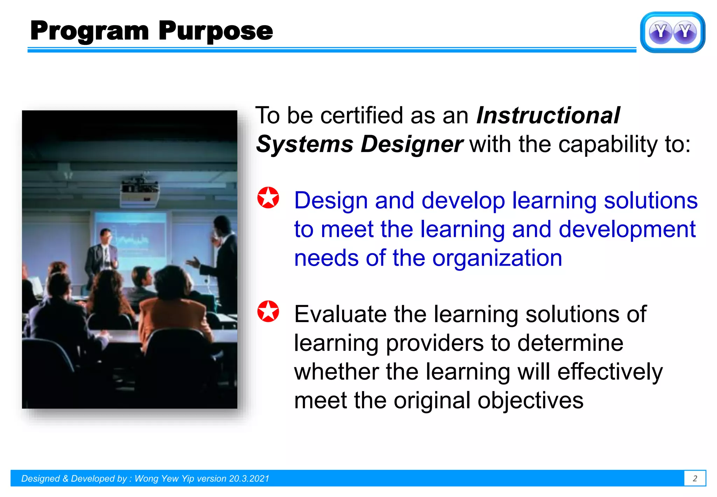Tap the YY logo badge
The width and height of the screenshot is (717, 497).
point(672,32)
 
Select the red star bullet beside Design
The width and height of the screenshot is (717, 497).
point(268,198)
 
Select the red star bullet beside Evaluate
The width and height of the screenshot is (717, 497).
point(268,311)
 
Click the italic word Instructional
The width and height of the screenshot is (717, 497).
point(548,116)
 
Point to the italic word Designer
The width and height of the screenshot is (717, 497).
point(412,144)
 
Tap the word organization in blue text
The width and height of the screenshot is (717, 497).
point(497,258)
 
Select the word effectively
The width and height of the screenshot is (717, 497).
point(610,372)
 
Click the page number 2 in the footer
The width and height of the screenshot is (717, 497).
point(695,478)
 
